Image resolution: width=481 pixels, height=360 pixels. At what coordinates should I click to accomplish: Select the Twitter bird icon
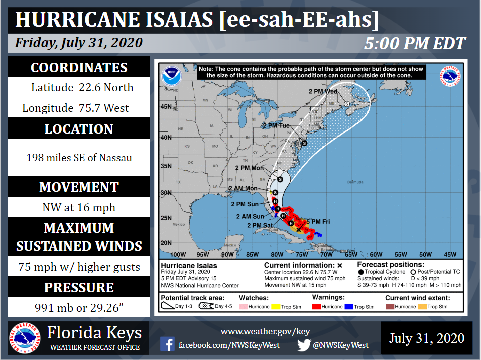point(304,345)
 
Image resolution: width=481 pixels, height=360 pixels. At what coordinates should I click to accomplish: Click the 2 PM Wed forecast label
point(322,92)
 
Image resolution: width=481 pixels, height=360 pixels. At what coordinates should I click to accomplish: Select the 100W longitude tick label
point(178,254)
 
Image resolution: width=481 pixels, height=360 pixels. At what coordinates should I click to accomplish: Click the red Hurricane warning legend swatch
point(317,306)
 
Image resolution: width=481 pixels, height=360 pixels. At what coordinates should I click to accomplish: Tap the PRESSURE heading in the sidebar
point(79,288)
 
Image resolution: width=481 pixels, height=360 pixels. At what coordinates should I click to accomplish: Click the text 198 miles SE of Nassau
point(79,158)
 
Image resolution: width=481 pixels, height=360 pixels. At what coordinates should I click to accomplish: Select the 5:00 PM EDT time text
point(415,44)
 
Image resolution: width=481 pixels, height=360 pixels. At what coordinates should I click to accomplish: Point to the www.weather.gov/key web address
point(266,331)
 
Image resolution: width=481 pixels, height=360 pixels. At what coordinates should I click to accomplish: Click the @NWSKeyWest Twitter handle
point(341,345)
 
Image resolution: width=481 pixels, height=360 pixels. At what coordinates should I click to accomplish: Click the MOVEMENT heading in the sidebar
point(79,187)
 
